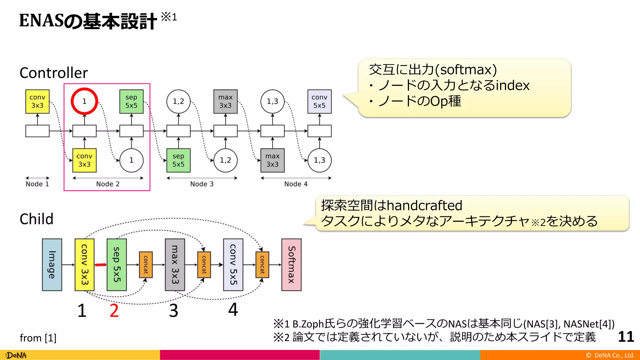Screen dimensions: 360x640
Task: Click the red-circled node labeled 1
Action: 84,101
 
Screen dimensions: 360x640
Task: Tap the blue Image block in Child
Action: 52,265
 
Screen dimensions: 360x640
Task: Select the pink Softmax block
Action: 291,265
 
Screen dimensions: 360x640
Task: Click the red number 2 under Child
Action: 114,310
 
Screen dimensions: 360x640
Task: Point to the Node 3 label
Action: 202,184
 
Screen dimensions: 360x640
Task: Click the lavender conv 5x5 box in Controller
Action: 319,101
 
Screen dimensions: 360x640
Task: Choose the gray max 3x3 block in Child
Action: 175,265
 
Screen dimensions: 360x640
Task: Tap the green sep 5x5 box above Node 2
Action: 131,101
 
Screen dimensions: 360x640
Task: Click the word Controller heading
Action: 53,73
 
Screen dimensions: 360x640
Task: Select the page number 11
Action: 626,337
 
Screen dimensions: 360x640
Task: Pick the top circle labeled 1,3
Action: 272,101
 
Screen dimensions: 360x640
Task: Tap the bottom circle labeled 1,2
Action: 225,160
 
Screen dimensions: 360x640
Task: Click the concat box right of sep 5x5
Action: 146,265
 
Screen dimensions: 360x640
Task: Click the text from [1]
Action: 38,338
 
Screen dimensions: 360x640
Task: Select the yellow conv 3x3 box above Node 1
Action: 37,101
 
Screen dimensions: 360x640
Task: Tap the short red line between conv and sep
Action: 101,265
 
